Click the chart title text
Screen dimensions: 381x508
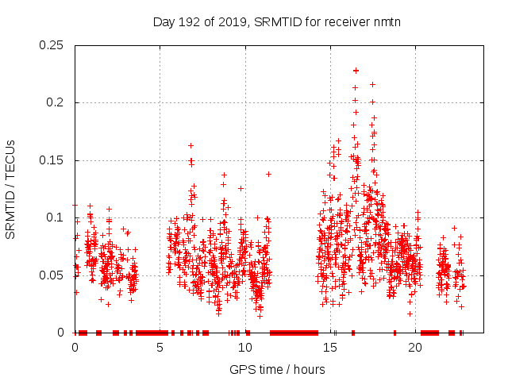(x=276, y=22)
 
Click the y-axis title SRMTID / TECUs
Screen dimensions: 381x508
(x=10, y=189)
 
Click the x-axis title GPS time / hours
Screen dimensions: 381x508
(x=276, y=369)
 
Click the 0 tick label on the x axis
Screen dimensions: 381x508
(x=75, y=348)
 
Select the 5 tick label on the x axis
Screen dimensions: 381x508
(x=160, y=348)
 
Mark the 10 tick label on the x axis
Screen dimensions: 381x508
(x=245, y=348)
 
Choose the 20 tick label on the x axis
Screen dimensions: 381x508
(x=415, y=348)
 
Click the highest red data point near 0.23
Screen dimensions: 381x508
(x=356, y=71)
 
